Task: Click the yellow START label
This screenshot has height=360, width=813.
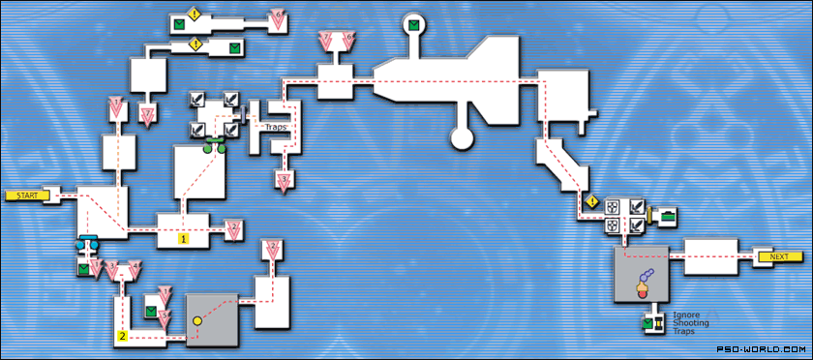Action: [26, 195]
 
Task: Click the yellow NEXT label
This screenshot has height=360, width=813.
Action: [780, 256]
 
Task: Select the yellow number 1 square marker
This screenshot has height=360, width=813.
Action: [183, 235]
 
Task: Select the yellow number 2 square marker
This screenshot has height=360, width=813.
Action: [123, 337]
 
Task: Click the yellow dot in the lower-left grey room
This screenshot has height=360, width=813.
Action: [196, 318]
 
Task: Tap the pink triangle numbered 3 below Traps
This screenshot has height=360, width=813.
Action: [284, 180]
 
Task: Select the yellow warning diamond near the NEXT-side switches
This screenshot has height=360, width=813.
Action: [589, 202]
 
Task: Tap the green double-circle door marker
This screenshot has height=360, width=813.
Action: [214, 148]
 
